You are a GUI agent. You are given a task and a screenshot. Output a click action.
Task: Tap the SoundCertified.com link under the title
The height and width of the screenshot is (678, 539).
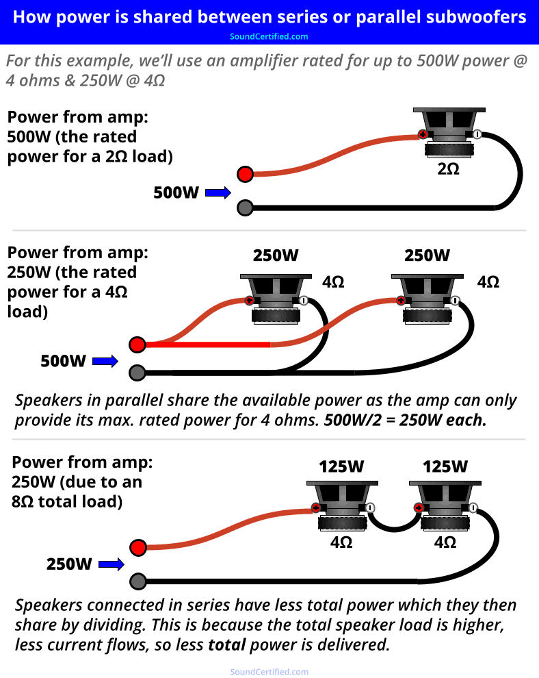[269, 36]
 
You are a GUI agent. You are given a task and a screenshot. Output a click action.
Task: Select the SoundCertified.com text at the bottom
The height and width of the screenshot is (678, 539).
[269, 672]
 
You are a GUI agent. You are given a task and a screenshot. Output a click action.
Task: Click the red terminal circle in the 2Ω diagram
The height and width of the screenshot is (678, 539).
[245, 174]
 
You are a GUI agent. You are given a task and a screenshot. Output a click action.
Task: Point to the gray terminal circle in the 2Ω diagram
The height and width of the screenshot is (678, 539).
[245, 207]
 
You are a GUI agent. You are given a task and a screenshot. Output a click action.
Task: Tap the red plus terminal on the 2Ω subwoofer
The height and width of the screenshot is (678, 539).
[423, 134]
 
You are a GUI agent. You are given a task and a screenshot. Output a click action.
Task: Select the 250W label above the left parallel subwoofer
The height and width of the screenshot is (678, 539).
[276, 255]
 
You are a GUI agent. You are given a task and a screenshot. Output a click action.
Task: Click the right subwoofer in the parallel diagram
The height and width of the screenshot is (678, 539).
[427, 298]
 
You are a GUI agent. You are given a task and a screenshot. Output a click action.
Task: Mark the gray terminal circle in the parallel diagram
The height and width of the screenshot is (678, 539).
[137, 373]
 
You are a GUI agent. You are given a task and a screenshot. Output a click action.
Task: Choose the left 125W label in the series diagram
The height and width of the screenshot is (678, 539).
[341, 467]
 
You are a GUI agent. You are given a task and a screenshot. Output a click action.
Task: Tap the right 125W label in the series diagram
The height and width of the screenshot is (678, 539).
[445, 467]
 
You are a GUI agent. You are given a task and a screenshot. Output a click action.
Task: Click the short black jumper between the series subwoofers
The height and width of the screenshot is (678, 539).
[393, 525]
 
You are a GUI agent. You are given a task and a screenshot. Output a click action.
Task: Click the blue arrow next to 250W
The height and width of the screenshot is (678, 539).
[111, 565]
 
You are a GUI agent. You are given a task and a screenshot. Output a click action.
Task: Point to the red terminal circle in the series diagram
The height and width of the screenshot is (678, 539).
[137, 548]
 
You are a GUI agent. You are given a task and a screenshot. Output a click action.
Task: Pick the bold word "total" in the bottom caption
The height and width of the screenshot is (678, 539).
[227, 644]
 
